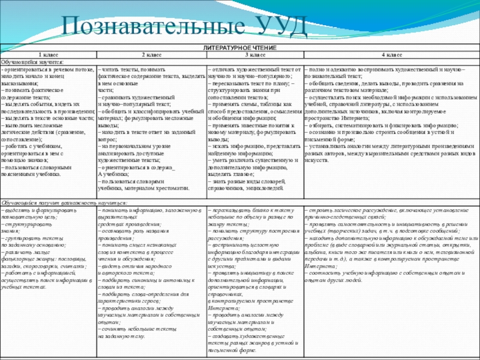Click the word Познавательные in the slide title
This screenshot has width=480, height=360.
tap(151, 25)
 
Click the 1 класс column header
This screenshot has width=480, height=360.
tap(48, 55)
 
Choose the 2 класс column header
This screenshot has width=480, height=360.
tap(151, 55)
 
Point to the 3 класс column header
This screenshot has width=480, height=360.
tap(254, 55)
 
